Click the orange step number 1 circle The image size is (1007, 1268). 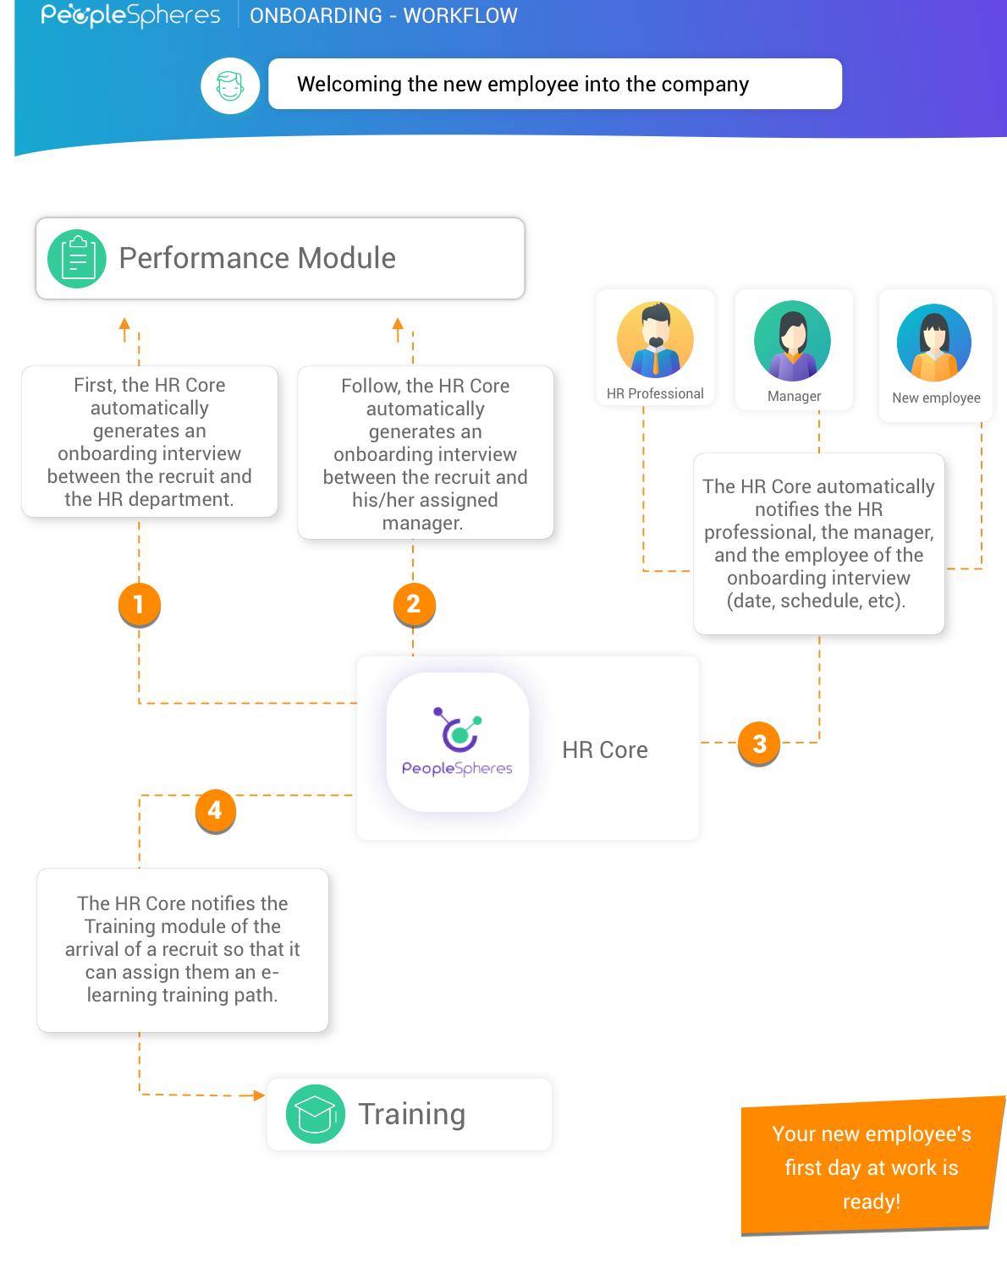139,604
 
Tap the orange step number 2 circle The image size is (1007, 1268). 414,604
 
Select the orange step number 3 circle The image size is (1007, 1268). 759,744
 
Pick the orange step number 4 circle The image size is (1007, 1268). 215,810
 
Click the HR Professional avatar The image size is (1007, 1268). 655,340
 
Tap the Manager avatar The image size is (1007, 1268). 793,341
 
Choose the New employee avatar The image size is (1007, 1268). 934,343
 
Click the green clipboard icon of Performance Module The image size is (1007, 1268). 77,259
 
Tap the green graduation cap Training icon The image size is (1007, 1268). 316,1114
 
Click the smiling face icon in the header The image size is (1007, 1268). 230,85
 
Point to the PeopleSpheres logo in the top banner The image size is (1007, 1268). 130,15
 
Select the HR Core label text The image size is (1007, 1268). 605,750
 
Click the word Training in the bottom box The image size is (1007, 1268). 411,1114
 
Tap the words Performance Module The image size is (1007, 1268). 257,258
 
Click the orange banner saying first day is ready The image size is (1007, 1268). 871,1167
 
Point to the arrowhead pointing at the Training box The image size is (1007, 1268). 258,1095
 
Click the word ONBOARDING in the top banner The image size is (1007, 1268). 316,16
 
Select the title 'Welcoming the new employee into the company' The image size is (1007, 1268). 523,85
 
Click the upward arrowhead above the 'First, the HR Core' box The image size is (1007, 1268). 124,324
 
